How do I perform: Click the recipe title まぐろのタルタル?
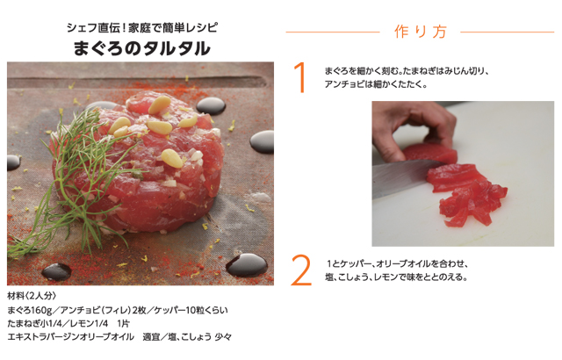point(142,48)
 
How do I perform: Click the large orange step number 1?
point(300,78)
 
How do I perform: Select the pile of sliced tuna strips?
point(457,189)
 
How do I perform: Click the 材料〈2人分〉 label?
point(32,295)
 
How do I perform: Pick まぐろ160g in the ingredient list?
point(28,310)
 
